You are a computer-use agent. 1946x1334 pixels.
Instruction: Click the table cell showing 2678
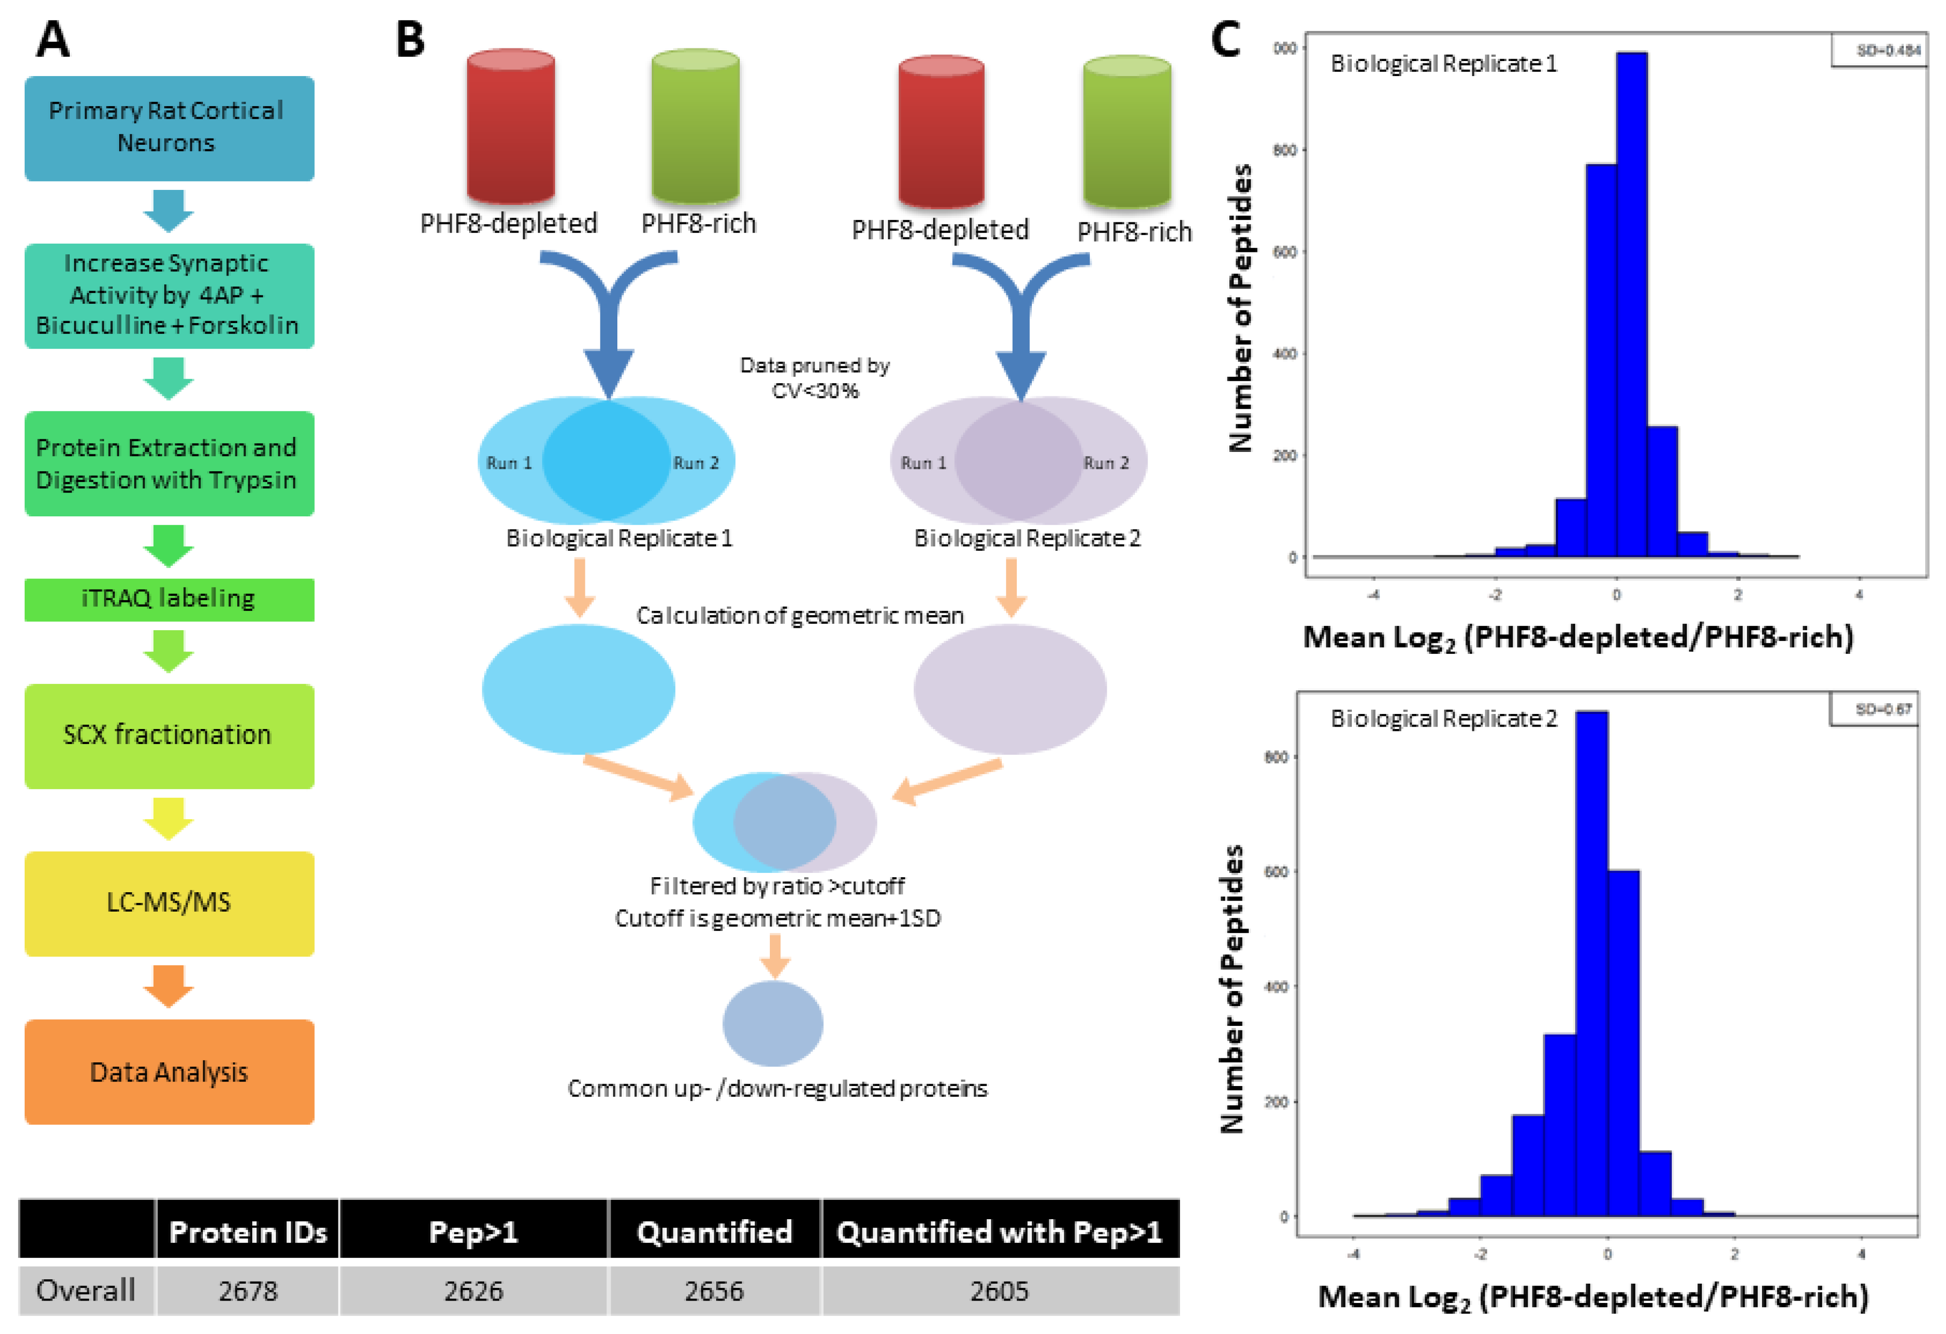pyautogui.click(x=248, y=1290)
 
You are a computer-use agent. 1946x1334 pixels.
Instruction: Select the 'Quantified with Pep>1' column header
pyautogui.click(x=1000, y=1231)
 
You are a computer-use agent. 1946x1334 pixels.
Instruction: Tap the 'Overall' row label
pyautogui.click(x=85, y=1290)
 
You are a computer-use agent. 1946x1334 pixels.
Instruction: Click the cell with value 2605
pyautogui.click(x=1000, y=1290)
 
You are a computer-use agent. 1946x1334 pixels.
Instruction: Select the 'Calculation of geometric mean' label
pyautogui.click(x=800, y=616)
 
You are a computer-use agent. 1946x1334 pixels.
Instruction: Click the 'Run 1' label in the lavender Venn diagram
pyautogui.click(x=923, y=463)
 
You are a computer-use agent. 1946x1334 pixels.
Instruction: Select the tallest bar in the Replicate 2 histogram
pyautogui.click(x=1591, y=963)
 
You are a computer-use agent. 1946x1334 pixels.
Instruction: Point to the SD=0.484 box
pyautogui.click(x=1878, y=50)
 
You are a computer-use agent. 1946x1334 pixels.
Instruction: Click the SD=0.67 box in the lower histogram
pyautogui.click(x=1873, y=709)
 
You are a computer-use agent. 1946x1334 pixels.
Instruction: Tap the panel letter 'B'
pyautogui.click(x=410, y=39)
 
